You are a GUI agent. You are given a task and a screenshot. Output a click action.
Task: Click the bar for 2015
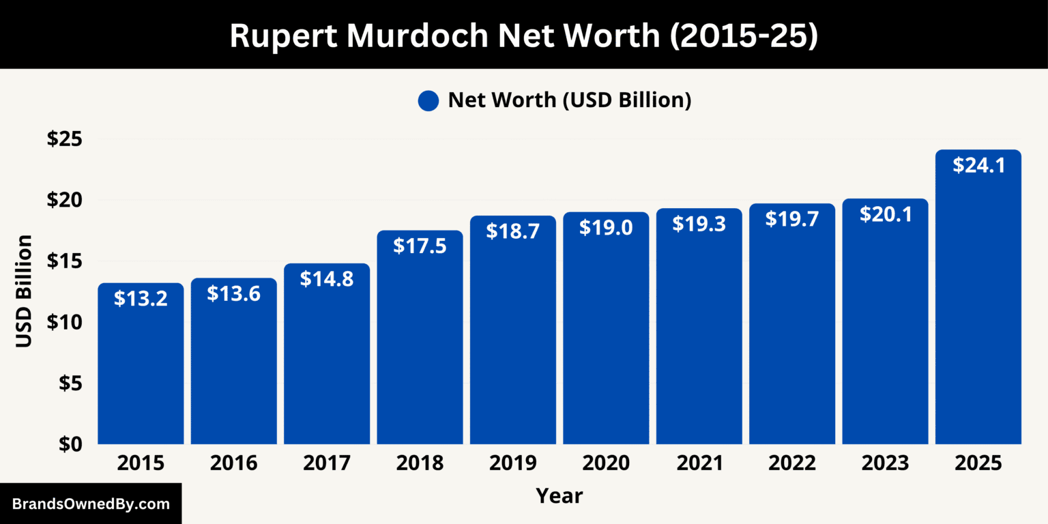click(x=141, y=368)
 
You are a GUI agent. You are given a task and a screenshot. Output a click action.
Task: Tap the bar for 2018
click(x=420, y=341)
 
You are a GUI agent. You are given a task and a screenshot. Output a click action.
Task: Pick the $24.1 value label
click(x=978, y=165)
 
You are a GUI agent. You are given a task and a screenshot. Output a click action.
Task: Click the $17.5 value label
click(x=420, y=246)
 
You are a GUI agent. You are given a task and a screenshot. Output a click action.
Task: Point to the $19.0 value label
click(x=606, y=227)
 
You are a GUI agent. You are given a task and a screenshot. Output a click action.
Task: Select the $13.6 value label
click(x=233, y=293)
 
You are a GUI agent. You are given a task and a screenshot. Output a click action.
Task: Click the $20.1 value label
click(x=885, y=214)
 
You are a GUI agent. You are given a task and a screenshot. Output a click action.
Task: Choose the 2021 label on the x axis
click(x=699, y=463)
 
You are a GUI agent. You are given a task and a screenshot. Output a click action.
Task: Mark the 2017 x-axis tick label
click(x=327, y=463)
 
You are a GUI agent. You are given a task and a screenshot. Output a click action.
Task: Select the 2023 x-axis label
click(x=885, y=463)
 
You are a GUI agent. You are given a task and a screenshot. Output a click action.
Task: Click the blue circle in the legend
click(x=428, y=101)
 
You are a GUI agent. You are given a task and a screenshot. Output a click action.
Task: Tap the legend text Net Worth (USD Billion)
click(x=569, y=100)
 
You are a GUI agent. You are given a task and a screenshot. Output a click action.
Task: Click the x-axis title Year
click(x=559, y=495)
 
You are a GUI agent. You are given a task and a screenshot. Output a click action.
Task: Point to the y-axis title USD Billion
click(x=25, y=291)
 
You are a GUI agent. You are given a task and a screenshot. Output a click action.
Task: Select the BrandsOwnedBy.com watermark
click(x=91, y=504)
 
